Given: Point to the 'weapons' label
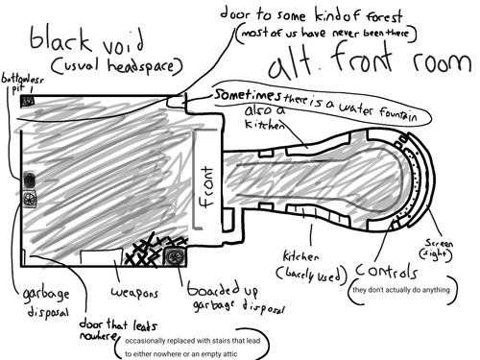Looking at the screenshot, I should (133, 289).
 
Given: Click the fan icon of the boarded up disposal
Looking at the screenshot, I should (174, 256).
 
